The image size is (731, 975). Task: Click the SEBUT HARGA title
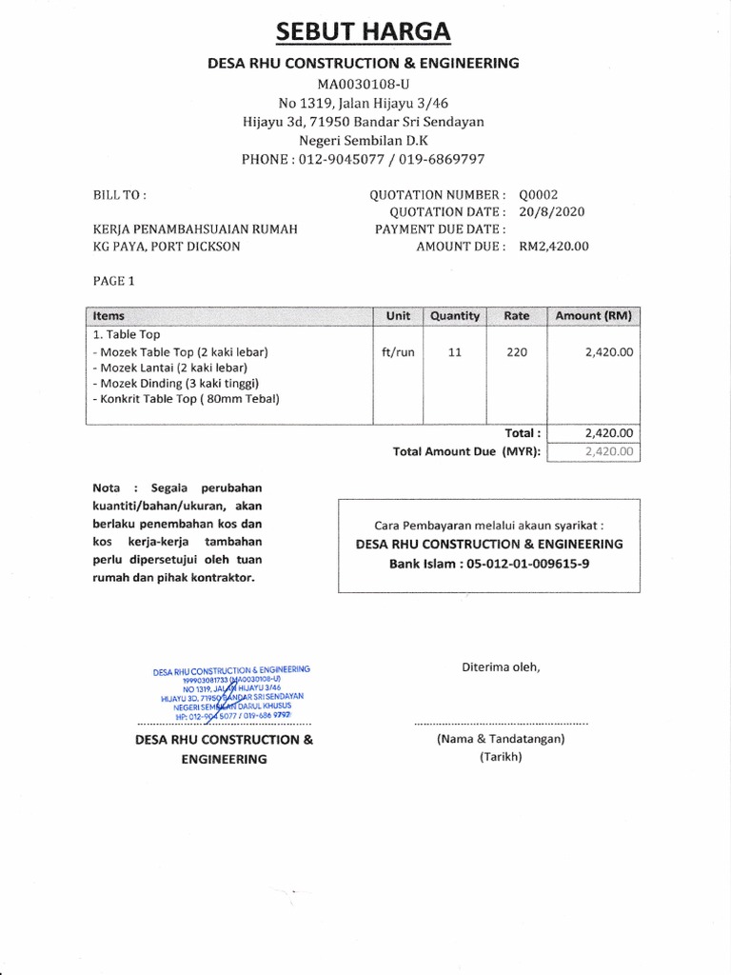[364, 31]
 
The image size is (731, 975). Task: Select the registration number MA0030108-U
[364, 84]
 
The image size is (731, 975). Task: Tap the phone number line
[364, 159]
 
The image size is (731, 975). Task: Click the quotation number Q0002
[539, 194]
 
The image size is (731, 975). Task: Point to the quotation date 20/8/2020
[552, 211]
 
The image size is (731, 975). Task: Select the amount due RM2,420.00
[554, 246]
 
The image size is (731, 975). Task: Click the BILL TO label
[119, 194]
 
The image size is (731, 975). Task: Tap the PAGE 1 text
[114, 281]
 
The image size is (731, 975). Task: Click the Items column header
[109, 316]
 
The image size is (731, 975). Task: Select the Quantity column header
[455, 316]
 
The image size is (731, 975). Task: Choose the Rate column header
[517, 316]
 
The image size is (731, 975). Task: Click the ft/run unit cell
[398, 352]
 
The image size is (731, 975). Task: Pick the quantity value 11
[455, 352]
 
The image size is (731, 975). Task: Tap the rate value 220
[517, 352]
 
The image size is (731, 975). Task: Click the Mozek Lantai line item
[170, 368]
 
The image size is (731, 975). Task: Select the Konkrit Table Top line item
[187, 399]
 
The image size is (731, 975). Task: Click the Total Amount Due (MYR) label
[466, 451]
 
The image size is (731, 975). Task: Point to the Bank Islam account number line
[488, 563]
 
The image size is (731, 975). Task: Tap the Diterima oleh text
[501, 667]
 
